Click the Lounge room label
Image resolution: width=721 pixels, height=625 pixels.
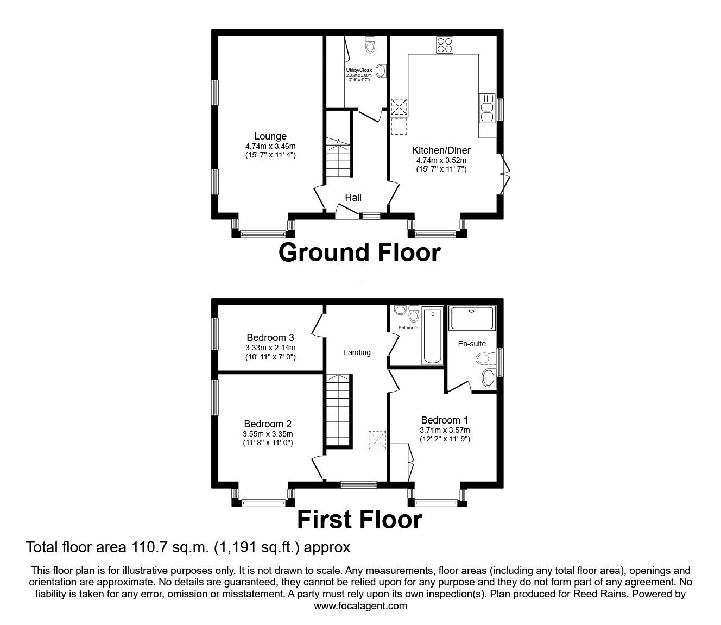pyautogui.click(x=270, y=136)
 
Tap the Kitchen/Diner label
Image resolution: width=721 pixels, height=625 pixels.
pyautogui.click(x=441, y=150)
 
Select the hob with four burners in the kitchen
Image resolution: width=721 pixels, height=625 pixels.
pyautogui.click(x=445, y=45)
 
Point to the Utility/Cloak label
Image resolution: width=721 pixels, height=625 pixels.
pyautogui.click(x=358, y=70)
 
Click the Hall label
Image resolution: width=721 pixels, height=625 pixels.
pyautogui.click(x=353, y=198)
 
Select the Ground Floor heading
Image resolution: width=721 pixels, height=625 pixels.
pyautogui.click(x=359, y=253)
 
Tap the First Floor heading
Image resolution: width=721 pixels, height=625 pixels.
pyautogui.click(x=359, y=520)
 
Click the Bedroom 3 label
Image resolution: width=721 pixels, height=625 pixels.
pyautogui.click(x=270, y=338)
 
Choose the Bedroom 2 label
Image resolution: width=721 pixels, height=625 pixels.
pyautogui.click(x=268, y=424)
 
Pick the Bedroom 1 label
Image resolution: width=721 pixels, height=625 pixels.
pyautogui.click(x=444, y=420)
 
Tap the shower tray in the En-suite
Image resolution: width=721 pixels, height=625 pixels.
pyautogui.click(x=472, y=318)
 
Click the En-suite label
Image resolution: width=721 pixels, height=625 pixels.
pyautogui.click(x=472, y=344)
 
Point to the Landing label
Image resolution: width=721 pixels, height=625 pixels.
pyautogui.click(x=357, y=352)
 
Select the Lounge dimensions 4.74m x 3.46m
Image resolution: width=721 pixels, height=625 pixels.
pyautogui.click(x=270, y=146)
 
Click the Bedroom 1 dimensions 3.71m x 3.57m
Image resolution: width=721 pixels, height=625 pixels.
pyautogui.click(x=444, y=430)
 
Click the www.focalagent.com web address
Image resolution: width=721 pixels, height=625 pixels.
pyautogui.click(x=360, y=606)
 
